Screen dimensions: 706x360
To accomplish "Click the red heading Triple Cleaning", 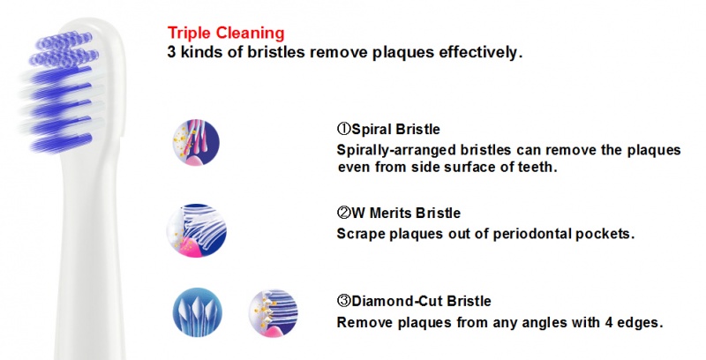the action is [226, 34].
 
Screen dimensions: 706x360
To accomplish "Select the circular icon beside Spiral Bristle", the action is [196, 142].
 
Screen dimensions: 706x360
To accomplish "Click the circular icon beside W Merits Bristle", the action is [196, 230].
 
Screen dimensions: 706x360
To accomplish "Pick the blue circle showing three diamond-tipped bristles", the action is [197, 311].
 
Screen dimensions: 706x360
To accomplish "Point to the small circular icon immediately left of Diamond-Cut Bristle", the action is [274, 313].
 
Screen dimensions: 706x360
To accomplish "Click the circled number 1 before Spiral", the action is [343, 129].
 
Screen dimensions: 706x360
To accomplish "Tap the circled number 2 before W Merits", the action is [343, 213].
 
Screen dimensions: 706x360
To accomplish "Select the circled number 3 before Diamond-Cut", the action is [343, 300].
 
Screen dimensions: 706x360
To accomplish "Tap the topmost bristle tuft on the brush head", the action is [64, 41].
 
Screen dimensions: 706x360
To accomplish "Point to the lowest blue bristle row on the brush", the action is [61, 142].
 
